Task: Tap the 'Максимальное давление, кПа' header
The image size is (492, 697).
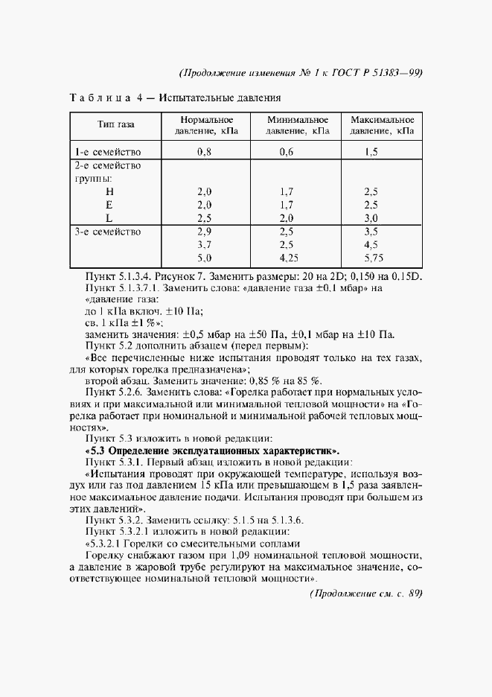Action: [382, 126]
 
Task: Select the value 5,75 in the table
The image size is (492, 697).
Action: [372, 258]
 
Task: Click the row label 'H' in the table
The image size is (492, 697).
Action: [109, 191]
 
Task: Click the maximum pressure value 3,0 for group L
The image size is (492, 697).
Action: [371, 217]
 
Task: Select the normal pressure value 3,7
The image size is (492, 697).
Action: [205, 244]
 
